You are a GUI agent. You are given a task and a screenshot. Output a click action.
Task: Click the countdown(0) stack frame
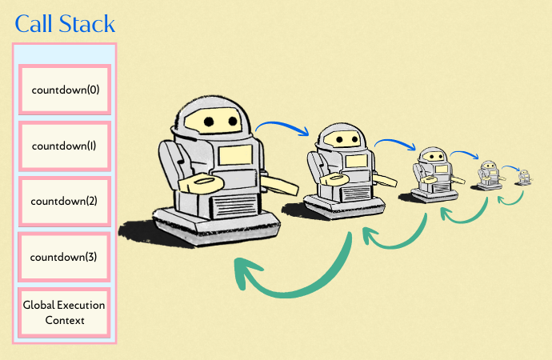pyautogui.click(x=65, y=89)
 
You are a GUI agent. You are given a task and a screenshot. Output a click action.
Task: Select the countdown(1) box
pyautogui.click(x=65, y=146)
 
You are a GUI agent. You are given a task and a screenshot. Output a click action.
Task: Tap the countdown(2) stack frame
pyautogui.click(x=65, y=201)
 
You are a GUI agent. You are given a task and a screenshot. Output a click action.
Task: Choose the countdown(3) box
pyautogui.click(x=65, y=257)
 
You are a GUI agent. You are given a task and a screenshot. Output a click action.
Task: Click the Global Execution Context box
pyautogui.click(x=65, y=313)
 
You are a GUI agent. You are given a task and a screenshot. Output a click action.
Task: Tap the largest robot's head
pyautogui.click(x=210, y=120)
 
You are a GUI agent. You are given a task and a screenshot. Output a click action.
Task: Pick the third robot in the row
pyautogui.click(x=433, y=171)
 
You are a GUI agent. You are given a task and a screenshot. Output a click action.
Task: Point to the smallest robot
pyautogui.click(x=524, y=177)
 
